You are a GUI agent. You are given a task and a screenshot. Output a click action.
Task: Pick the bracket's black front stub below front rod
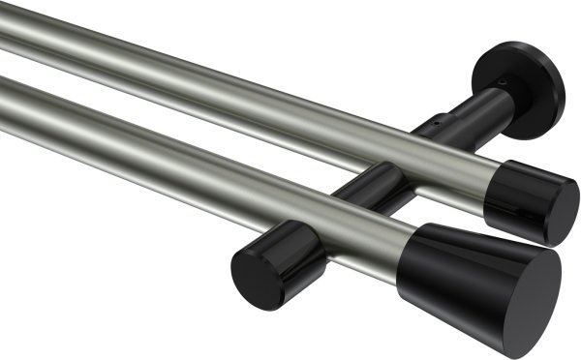(x=281, y=252)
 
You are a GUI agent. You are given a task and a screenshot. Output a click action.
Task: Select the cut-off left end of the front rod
(x=4, y=97)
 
